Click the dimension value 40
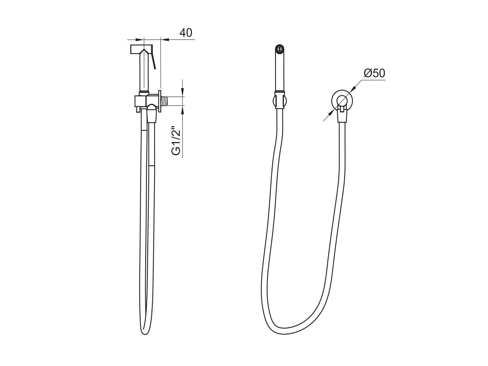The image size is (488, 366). click(186, 33)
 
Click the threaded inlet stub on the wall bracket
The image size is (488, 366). click(168, 101)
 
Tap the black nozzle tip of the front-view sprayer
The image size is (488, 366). click(279, 48)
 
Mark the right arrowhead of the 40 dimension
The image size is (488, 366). click(164, 39)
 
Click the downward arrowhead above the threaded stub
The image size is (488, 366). click(182, 93)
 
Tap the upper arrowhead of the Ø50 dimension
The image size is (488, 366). click(353, 88)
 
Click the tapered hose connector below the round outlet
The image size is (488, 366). click(342, 117)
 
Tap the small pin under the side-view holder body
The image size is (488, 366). click(138, 109)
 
